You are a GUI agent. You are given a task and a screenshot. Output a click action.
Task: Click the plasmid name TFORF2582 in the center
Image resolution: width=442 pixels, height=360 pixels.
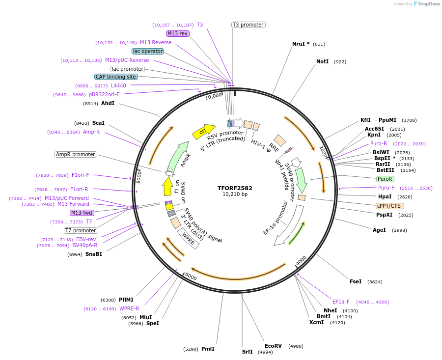[235, 188]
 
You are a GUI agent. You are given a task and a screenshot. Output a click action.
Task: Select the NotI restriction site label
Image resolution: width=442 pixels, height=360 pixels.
[322, 61]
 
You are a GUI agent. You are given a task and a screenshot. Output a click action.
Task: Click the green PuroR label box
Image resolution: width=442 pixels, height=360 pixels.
[385, 179]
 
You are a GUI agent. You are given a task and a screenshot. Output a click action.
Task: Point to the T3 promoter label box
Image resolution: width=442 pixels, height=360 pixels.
[248, 25]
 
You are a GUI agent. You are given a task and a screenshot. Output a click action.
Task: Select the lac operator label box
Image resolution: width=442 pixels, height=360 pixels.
[147, 51]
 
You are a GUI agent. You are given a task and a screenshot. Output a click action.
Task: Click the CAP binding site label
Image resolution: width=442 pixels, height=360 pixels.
[116, 77]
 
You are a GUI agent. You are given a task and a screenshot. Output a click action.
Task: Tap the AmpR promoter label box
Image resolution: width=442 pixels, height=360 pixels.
[76, 154]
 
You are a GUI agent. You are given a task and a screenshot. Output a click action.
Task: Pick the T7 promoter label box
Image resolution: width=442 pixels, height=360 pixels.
[81, 230]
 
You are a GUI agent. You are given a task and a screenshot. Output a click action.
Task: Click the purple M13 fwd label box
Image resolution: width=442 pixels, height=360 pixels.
[82, 213]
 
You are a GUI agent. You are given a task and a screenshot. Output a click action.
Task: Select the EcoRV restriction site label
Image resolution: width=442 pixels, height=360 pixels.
[273, 346]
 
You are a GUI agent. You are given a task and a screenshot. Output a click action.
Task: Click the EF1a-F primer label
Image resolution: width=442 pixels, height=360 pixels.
[341, 302]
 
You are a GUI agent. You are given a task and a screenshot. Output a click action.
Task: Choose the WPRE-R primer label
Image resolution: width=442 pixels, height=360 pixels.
[129, 308]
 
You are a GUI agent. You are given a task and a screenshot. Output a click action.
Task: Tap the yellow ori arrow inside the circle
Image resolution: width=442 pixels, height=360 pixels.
[203, 131]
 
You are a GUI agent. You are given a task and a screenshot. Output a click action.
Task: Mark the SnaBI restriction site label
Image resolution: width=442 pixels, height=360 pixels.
[94, 254]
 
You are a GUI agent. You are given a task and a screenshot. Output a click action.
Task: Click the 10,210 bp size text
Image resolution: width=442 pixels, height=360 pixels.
[235, 194]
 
